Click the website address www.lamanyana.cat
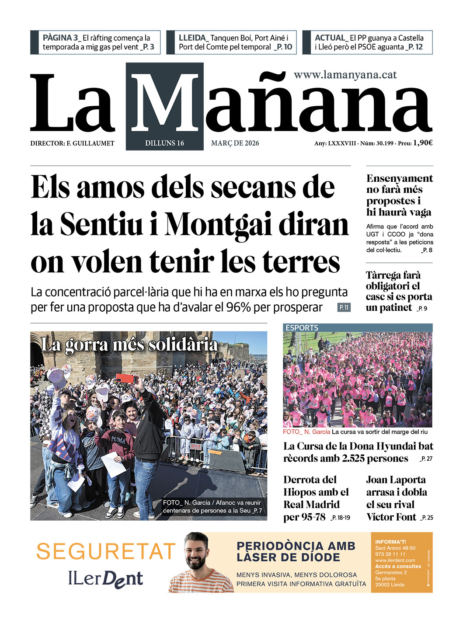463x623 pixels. pyautogui.click(x=345, y=75)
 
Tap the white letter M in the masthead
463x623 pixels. pyautogui.click(x=165, y=104)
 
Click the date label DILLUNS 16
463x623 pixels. pyautogui.click(x=164, y=143)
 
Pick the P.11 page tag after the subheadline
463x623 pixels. pyautogui.click(x=344, y=307)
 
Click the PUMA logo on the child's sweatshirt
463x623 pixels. pyautogui.click(x=118, y=439)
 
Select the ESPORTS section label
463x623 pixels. pyautogui.click(x=302, y=327)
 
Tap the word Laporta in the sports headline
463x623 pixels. pyautogui.click(x=408, y=480)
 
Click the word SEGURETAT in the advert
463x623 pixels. pyautogui.click(x=105, y=551)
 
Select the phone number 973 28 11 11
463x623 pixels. pyautogui.click(x=390, y=554)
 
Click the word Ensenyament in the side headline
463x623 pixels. pyautogui.click(x=399, y=178)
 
